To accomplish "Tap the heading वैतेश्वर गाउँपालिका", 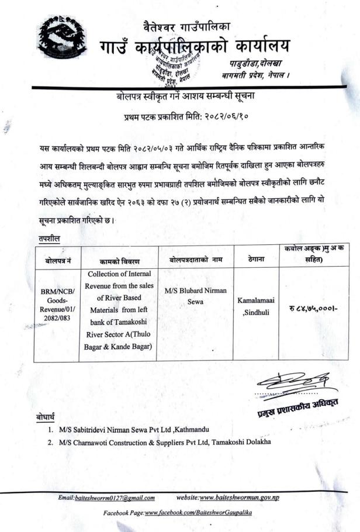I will click(x=186, y=26).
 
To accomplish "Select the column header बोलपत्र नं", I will click(x=57, y=258).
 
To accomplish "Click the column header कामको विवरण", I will click(x=119, y=258).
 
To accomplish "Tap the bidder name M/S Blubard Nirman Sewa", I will click(x=196, y=295).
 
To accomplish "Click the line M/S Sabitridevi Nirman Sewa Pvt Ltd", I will click(x=134, y=430).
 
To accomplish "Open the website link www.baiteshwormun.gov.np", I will click(x=239, y=498).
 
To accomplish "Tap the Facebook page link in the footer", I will click(x=198, y=512).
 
